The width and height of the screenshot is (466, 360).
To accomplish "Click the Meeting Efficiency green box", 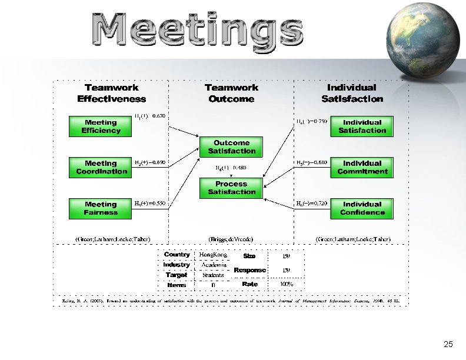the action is pyautogui.click(x=101, y=126).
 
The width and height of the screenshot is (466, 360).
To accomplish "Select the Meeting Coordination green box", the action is pyautogui.click(x=101, y=167).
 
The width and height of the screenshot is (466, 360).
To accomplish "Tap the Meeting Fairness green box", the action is pyautogui.click(x=101, y=208).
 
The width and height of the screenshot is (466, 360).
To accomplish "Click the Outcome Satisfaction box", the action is pyautogui.click(x=231, y=147).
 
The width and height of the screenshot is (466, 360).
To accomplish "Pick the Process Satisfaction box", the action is pyautogui.click(x=231, y=188).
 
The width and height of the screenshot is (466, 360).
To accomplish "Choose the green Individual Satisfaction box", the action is pyautogui.click(x=362, y=126).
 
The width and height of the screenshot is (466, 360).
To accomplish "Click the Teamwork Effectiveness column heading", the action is pyautogui.click(x=112, y=94).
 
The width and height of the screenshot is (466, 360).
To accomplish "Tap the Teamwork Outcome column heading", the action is pyautogui.click(x=231, y=94).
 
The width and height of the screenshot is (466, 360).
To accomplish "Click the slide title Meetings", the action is pyautogui.click(x=194, y=31).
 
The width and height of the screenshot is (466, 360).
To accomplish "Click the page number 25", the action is pyautogui.click(x=448, y=345).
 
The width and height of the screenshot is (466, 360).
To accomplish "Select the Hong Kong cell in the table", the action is pyautogui.click(x=214, y=255).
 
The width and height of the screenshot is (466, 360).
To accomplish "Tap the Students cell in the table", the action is pyautogui.click(x=213, y=275).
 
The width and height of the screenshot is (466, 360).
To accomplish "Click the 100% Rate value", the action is pyautogui.click(x=287, y=285).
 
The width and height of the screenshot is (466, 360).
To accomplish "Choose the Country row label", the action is pyautogui.click(x=177, y=255).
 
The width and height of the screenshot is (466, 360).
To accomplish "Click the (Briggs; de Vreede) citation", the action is pyautogui.click(x=231, y=239).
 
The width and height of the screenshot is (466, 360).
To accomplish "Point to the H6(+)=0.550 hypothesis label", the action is pyautogui.click(x=150, y=204).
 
